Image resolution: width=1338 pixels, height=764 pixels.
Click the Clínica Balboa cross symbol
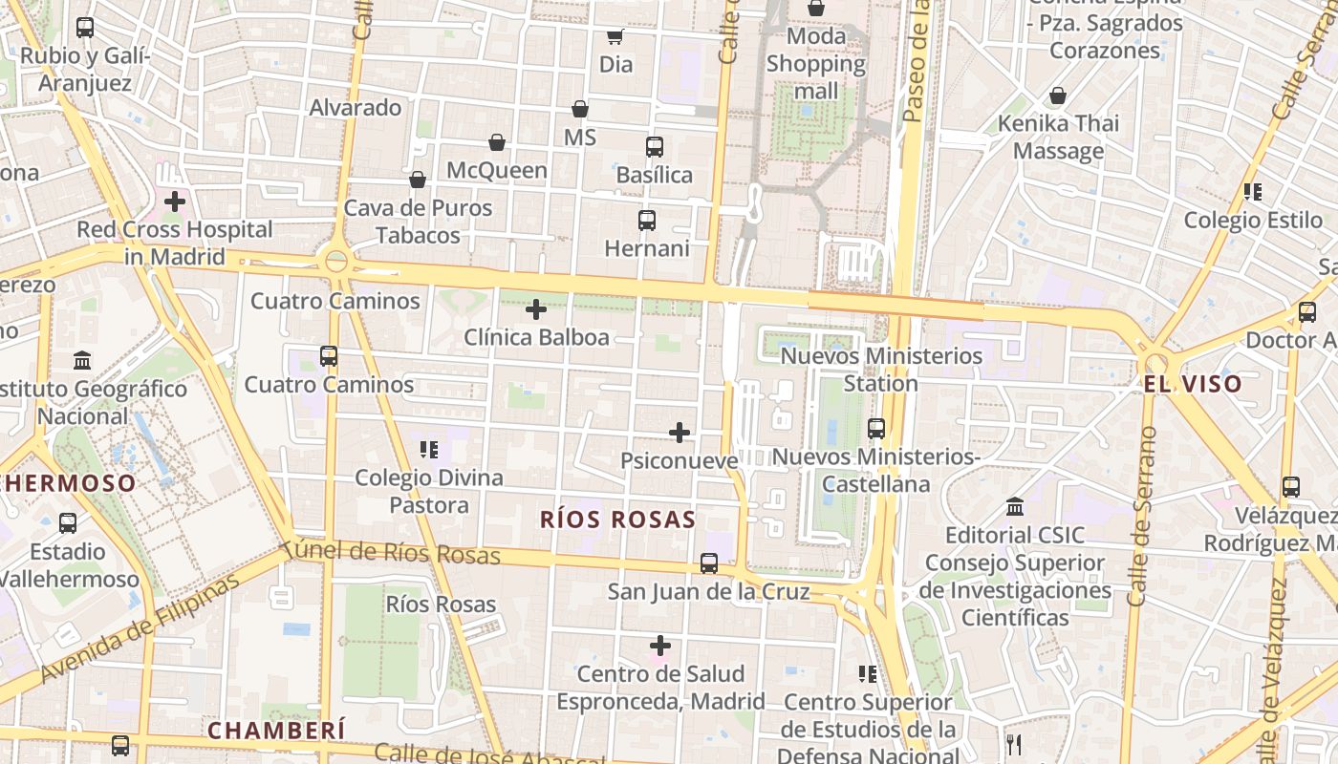click(536, 308)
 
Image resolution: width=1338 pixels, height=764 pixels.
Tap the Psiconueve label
click(680, 460)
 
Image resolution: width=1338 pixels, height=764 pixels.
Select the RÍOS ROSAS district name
click(617, 520)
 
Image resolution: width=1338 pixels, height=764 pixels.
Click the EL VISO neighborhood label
click(1193, 384)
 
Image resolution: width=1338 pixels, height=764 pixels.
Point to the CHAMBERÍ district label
click(276, 731)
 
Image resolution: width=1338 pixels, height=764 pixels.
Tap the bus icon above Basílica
click(655, 147)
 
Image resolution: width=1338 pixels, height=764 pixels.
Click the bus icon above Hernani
click(647, 221)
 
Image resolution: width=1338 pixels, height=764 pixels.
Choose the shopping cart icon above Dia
click(615, 37)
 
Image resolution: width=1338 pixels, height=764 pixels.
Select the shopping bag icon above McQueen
click(497, 143)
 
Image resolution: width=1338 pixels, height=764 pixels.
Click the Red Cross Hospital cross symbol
click(175, 202)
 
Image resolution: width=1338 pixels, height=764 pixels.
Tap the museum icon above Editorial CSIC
click(1015, 506)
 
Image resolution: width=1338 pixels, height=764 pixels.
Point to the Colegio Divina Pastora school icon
click(429, 449)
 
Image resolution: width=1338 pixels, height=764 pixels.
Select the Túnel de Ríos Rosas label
click(392, 552)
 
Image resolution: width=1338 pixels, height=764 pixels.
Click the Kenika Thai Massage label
click(1058, 137)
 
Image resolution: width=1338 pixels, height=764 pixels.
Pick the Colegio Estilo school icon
click(1253, 192)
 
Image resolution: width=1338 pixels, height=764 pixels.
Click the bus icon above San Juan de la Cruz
click(708, 563)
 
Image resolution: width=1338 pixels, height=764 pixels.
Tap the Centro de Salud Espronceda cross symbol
click(659, 646)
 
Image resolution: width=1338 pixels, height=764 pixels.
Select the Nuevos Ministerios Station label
click(881, 369)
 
